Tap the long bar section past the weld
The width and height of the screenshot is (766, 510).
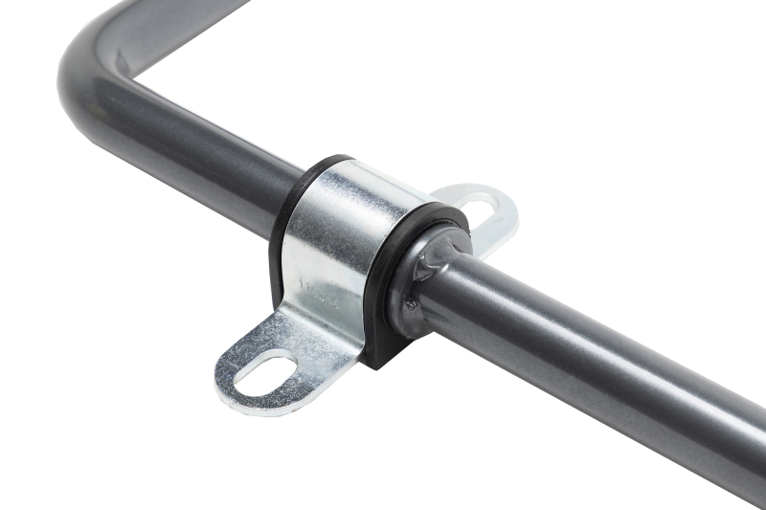574,344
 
